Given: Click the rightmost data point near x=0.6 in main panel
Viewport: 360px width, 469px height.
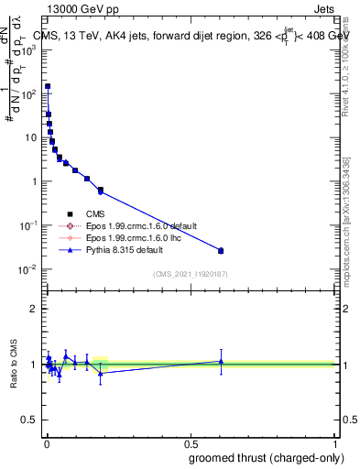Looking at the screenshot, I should coord(221,250).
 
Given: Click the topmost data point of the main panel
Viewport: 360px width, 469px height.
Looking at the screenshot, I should coord(48,86).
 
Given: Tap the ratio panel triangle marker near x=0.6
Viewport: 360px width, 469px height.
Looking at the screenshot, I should coord(221,361).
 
